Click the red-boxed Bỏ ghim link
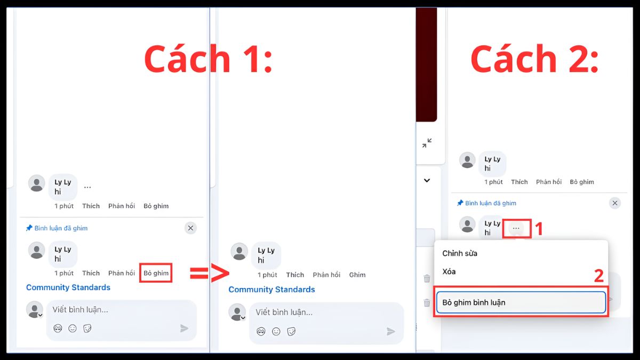(x=156, y=273)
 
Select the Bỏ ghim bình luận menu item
(x=521, y=302)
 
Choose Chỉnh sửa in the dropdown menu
(x=460, y=253)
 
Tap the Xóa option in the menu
(x=449, y=271)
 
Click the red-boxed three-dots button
(x=516, y=228)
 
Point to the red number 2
(x=599, y=276)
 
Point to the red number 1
(x=539, y=229)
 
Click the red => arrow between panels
(x=209, y=273)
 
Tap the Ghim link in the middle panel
(x=357, y=275)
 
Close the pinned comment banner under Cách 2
(x=615, y=203)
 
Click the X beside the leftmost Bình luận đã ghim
(x=190, y=228)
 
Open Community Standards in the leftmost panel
(x=68, y=287)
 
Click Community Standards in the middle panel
(x=271, y=290)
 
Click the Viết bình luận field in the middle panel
(x=320, y=313)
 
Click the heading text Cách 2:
(x=534, y=59)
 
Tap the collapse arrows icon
(x=427, y=143)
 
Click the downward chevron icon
(x=427, y=180)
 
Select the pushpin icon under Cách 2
(x=460, y=203)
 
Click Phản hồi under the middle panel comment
(x=326, y=275)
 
